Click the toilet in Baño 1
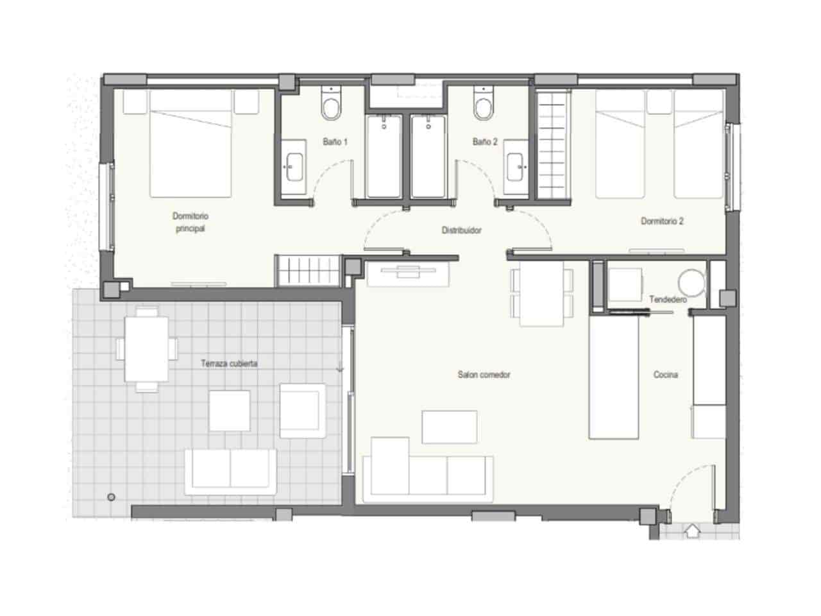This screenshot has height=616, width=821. (332, 105)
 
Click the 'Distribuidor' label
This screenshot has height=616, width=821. (461, 230)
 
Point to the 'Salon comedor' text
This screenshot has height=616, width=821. (484, 375)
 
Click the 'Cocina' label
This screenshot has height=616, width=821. (665, 375)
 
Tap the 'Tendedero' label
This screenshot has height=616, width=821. (668, 300)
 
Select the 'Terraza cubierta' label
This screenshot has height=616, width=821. (229, 364)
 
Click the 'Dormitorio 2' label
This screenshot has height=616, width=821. (662, 221)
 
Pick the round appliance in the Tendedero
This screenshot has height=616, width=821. (691, 282)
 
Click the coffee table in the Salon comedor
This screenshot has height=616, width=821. (449, 427)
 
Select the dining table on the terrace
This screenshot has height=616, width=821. (147, 349)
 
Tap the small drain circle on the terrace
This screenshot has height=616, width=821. (111, 497)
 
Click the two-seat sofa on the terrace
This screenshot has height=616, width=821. (230, 471)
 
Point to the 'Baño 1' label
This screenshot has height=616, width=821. (335, 142)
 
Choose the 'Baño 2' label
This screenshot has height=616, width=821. (485, 142)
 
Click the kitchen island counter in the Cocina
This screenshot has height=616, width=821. (614, 378)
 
